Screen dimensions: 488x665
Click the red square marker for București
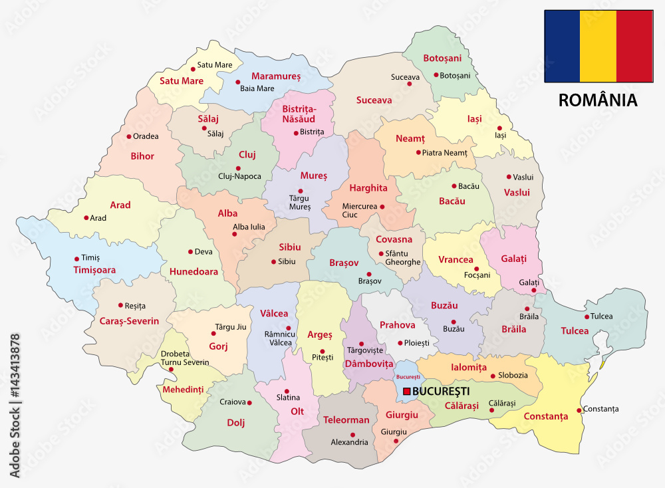point(407,392)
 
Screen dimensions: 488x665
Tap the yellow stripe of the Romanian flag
point(598,46)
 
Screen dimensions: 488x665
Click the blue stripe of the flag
point(562,46)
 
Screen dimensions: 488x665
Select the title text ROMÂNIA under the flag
point(598,100)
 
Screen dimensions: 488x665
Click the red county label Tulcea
point(575,330)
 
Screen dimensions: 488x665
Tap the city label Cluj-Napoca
point(239,176)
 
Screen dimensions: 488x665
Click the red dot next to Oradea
point(129,136)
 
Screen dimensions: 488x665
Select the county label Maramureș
point(277,76)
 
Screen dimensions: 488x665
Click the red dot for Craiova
point(249,402)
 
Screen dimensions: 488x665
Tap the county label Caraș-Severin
point(130,321)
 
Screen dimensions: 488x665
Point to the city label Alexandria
point(349,442)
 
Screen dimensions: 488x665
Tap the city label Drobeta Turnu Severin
point(185,358)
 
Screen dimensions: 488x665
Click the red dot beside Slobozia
point(493,376)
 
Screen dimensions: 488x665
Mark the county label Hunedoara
point(194,271)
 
